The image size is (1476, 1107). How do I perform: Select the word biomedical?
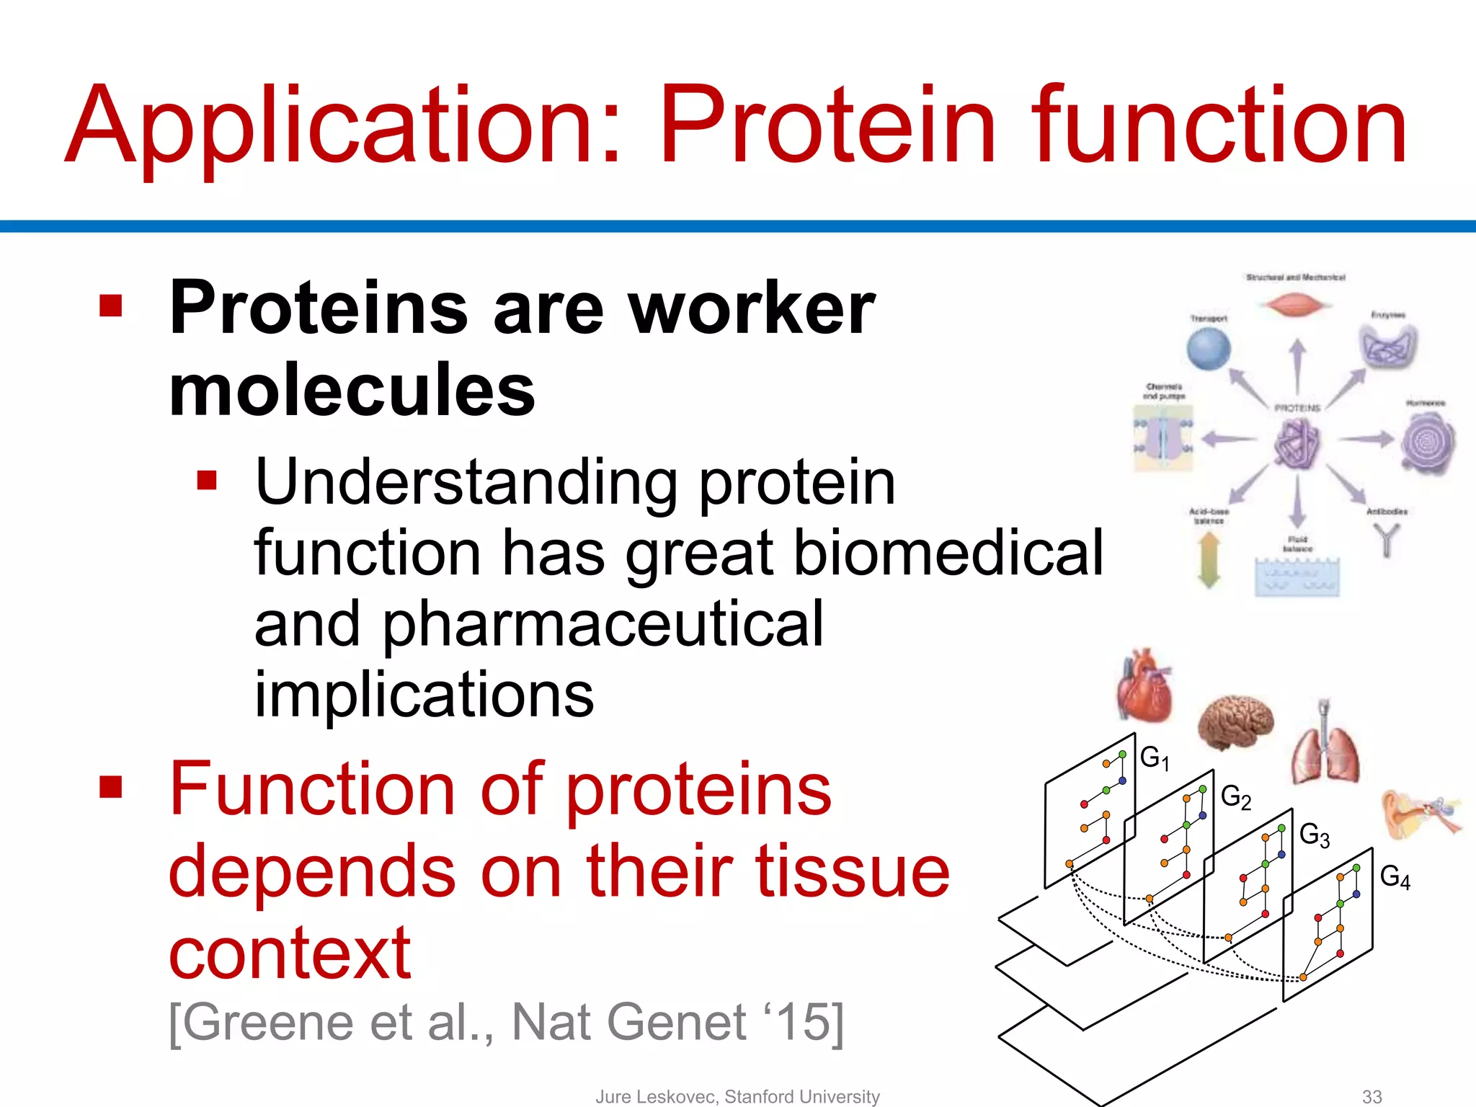pos(948,553)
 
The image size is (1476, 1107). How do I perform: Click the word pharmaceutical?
pos(602,624)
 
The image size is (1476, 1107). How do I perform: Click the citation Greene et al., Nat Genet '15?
pos(505,1022)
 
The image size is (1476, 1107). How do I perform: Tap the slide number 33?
pos(1371,1096)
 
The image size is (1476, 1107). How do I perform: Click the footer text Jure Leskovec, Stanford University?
pos(737,1096)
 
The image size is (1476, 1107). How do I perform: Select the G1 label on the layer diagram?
pos(1154,757)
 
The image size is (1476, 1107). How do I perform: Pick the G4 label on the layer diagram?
pos(1395,877)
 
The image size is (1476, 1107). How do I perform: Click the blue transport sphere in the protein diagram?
pos(1209,349)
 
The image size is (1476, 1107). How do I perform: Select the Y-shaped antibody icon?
pos(1386,540)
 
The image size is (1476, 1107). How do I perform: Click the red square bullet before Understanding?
pos(207,480)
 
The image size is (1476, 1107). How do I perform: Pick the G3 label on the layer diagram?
pos(1314,835)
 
